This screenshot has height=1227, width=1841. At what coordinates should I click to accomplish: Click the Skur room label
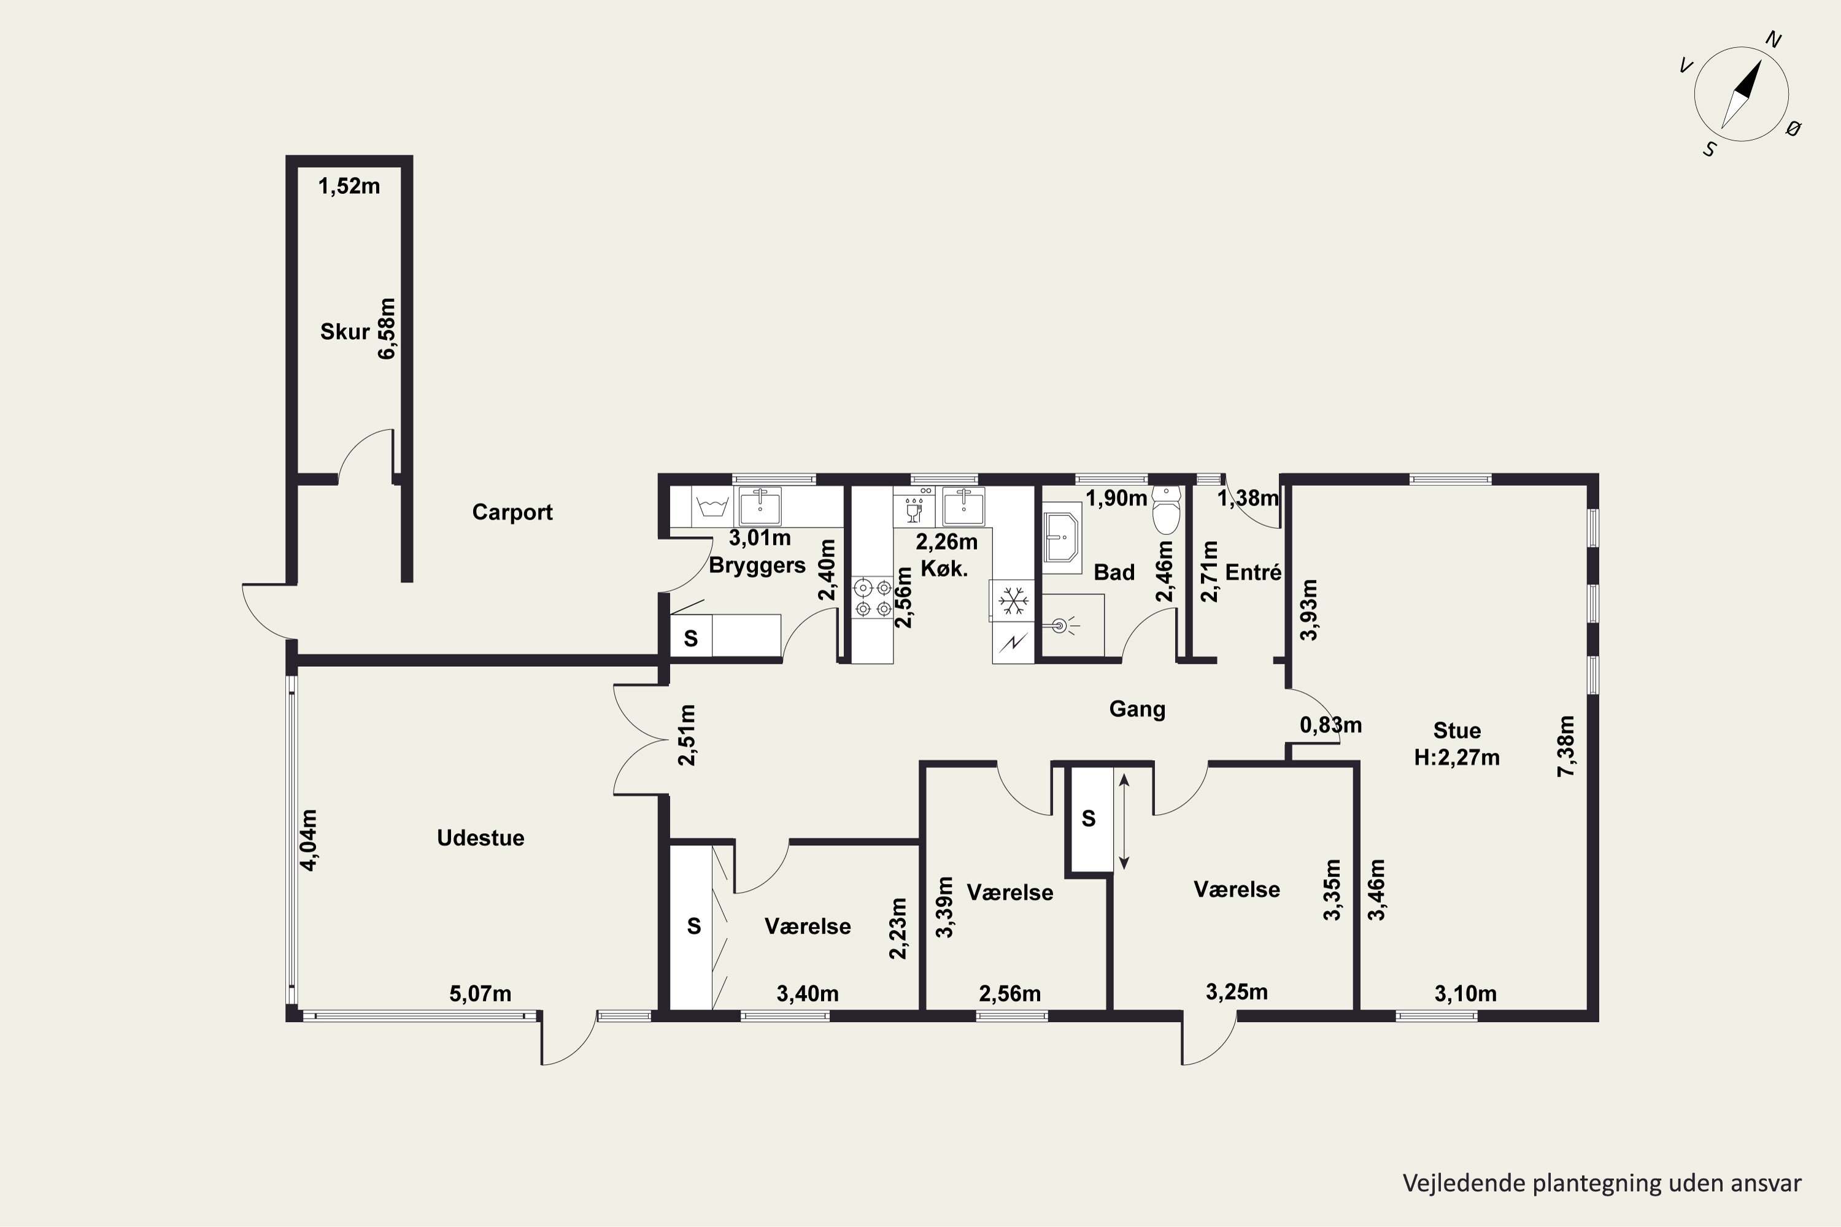(344, 332)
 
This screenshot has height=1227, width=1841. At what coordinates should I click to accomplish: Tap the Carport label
(512, 512)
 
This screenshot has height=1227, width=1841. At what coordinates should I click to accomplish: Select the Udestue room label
(481, 838)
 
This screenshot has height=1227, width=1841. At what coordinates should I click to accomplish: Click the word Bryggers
(757, 566)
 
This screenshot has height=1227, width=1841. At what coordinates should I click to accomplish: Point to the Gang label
(1137, 710)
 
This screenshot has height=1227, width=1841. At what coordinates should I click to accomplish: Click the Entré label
(1252, 573)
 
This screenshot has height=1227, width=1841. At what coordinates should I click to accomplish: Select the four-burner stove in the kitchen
(873, 597)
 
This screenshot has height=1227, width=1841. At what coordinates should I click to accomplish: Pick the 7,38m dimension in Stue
(1566, 746)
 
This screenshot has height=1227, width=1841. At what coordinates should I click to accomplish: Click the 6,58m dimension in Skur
(387, 329)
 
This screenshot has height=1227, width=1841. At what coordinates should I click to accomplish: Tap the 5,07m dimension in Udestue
(480, 994)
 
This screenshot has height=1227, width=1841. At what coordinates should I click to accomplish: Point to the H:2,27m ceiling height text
(1457, 758)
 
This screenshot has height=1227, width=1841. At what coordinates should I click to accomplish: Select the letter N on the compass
(1773, 40)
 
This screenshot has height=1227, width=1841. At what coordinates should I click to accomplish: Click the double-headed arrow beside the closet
(1124, 821)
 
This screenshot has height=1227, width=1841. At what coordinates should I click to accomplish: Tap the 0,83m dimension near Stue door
(1330, 725)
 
